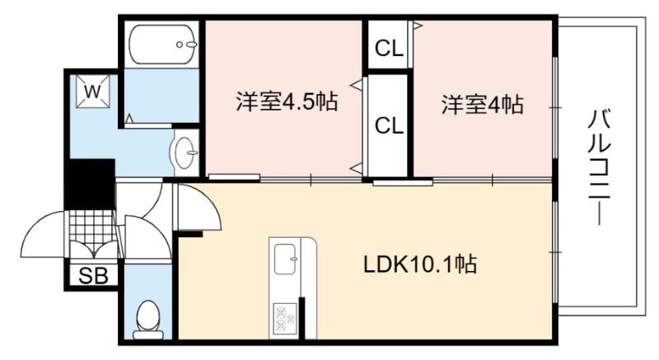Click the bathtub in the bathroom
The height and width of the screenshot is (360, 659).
tap(161, 44)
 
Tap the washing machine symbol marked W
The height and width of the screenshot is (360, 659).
tap(93, 91)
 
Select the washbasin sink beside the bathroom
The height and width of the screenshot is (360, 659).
tap(185, 152)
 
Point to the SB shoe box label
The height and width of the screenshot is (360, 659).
tap(93, 275)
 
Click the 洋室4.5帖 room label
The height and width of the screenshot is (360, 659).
tap(287, 101)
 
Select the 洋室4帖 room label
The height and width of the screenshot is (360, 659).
tap(482, 104)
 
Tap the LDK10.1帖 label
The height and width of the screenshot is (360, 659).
tap(419, 264)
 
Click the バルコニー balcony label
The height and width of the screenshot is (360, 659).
tap(599, 166)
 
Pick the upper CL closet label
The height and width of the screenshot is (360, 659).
tap(389, 49)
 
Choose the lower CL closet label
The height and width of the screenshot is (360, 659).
tap(389, 125)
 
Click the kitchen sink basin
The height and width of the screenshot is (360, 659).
tap(286, 259)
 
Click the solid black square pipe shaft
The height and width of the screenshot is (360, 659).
tap(90, 184)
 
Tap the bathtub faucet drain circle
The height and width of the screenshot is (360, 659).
tap(180, 44)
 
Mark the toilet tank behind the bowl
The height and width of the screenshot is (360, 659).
tap(148, 334)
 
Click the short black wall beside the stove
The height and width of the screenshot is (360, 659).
tap(301, 317)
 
